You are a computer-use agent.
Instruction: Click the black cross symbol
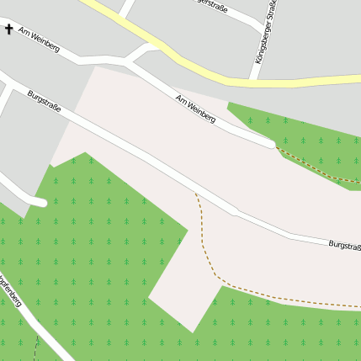click(9, 29)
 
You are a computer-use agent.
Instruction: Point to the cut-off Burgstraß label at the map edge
click(344, 245)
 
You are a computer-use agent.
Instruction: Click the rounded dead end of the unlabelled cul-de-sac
click(40, 202)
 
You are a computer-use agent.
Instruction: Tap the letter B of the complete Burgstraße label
click(29, 94)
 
